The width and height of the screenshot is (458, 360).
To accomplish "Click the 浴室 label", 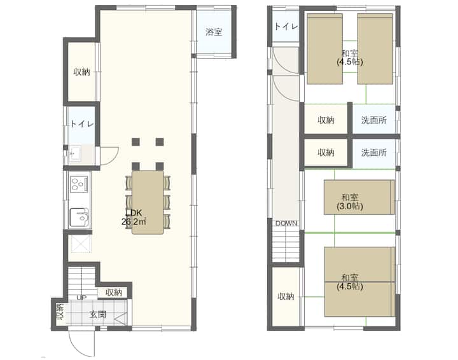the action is tap(214, 32).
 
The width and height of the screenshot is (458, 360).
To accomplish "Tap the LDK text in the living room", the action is tap(134, 212).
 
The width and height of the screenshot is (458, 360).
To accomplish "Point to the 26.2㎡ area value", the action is tap(134, 221).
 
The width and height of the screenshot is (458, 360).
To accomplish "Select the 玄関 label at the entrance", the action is tap(98, 314).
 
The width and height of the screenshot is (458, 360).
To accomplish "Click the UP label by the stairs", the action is tap(81, 298).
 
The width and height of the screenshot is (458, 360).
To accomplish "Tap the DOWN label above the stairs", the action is tap(286, 223).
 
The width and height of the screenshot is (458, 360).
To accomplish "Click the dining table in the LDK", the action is tap(148, 202).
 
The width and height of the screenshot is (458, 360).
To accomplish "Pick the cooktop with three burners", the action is tap(79, 184).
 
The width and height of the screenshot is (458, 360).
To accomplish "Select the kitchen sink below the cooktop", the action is tap(79, 218).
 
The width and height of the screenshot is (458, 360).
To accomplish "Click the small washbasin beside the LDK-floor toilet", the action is tap(76, 153).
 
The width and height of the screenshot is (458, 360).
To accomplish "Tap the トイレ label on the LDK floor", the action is tap(82, 124).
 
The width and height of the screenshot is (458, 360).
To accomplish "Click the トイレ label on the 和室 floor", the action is tap(286, 26).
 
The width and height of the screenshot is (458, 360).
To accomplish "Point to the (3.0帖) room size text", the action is tap(350, 207).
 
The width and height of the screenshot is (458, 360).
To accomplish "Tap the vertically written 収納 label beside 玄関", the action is tap(60, 312).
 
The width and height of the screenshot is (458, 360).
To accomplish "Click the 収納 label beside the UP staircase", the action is tap(114, 293).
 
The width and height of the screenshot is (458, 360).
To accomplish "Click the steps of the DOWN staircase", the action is tap(286, 245).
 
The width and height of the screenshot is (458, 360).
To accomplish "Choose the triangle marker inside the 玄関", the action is tap(121, 319).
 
